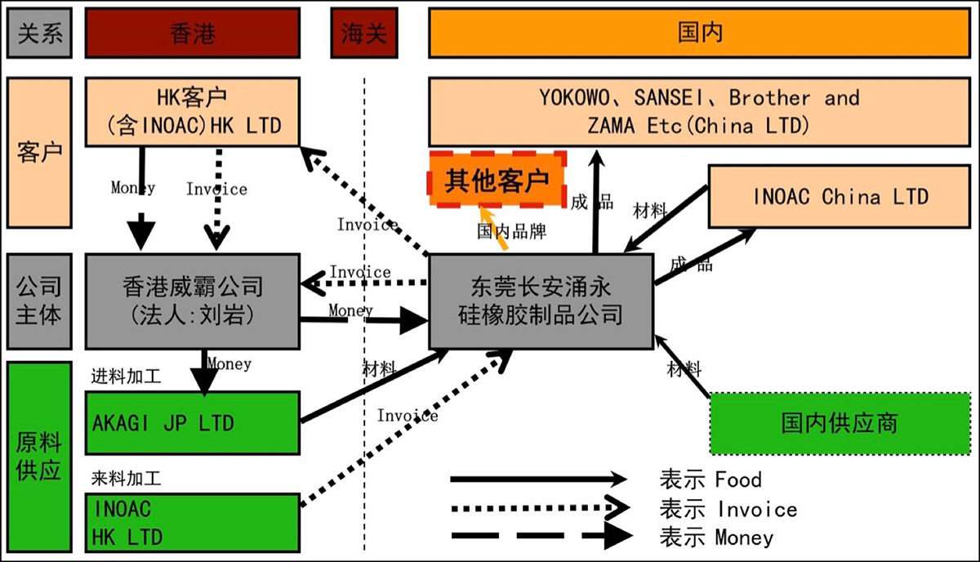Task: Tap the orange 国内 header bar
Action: click(x=700, y=33)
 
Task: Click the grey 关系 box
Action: click(x=38, y=33)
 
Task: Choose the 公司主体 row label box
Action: click(x=38, y=300)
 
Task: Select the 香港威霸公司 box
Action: click(x=193, y=300)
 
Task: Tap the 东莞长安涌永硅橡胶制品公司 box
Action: click(x=541, y=300)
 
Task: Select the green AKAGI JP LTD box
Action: click(x=193, y=423)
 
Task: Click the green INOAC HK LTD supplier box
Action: click(x=193, y=522)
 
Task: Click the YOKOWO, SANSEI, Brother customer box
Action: click(x=699, y=112)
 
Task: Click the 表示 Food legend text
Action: click(x=710, y=479)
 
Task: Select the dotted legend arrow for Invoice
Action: click(x=539, y=508)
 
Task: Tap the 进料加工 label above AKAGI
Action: click(x=127, y=377)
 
